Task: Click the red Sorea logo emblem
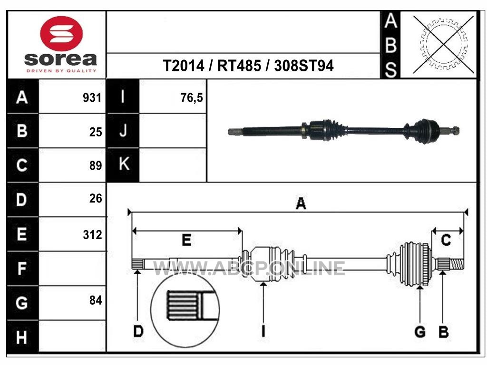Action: (x=61, y=34)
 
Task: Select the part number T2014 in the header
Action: (x=184, y=66)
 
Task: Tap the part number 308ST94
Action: (x=304, y=66)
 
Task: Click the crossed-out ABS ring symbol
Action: (x=444, y=44)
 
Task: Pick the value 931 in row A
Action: (x=92, y=98)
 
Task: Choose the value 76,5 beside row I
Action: (x=191, y=98)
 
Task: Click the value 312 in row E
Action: (x=92, y=235)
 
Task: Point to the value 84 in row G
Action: (x=96, y=300)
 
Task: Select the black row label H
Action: (x=22, y=337)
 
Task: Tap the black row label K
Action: (x=123, y=164)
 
